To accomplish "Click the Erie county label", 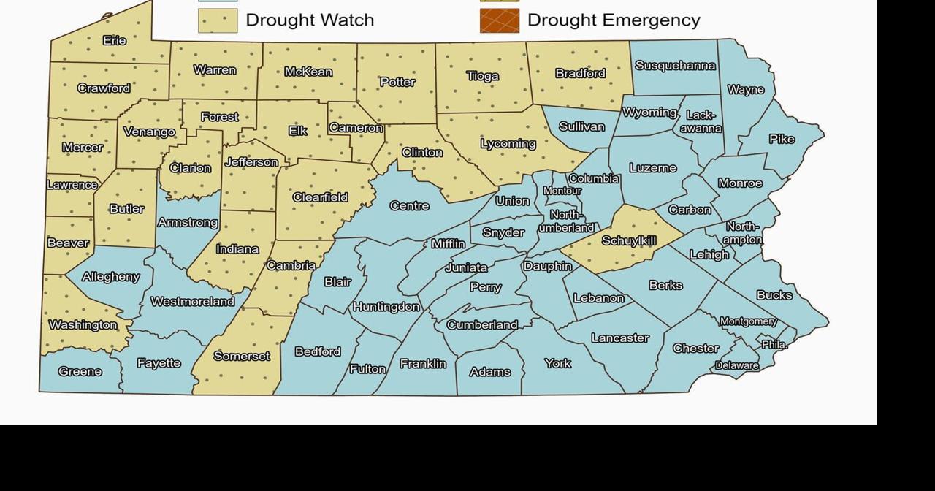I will point(115,41).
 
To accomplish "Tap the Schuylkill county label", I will point(629,240).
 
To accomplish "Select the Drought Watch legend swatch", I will point(218,21).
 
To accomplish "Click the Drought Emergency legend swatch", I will point(500,21).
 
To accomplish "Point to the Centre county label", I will point(409,206).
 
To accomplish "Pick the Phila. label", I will point(774,344).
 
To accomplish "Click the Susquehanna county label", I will point(675,66).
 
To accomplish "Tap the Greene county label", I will point(80,371).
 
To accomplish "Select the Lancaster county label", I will point(619,338).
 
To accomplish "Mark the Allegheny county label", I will point(111,277).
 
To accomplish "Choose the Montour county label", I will point(562,191).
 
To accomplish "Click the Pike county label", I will point(782,139).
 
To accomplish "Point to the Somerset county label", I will point(242,357).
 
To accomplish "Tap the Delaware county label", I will point(737,365).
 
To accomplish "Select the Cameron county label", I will point(356,128).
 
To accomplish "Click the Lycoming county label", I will point(508,144).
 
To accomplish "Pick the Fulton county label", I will point(367,369).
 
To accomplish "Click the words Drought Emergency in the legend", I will point(614,20).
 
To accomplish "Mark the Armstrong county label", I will point(188,223).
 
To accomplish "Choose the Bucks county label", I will point(774,295).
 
